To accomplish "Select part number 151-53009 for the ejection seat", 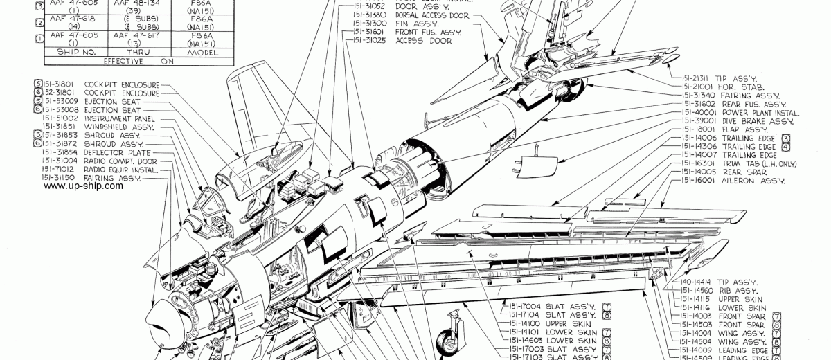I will point(59,101).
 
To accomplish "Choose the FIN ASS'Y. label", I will point(414,23).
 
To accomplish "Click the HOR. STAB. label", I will point(742,87).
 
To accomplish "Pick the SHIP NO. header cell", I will point(67,51).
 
